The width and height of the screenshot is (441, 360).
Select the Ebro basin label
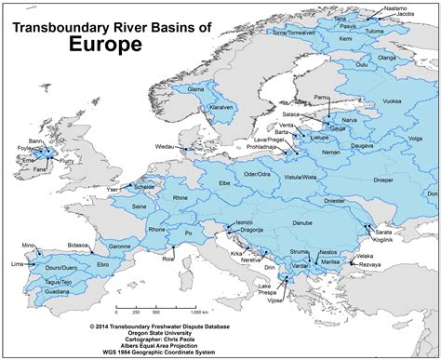[102, 265]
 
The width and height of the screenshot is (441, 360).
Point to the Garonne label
[118, 246]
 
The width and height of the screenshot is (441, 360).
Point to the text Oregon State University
[220, 334]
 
